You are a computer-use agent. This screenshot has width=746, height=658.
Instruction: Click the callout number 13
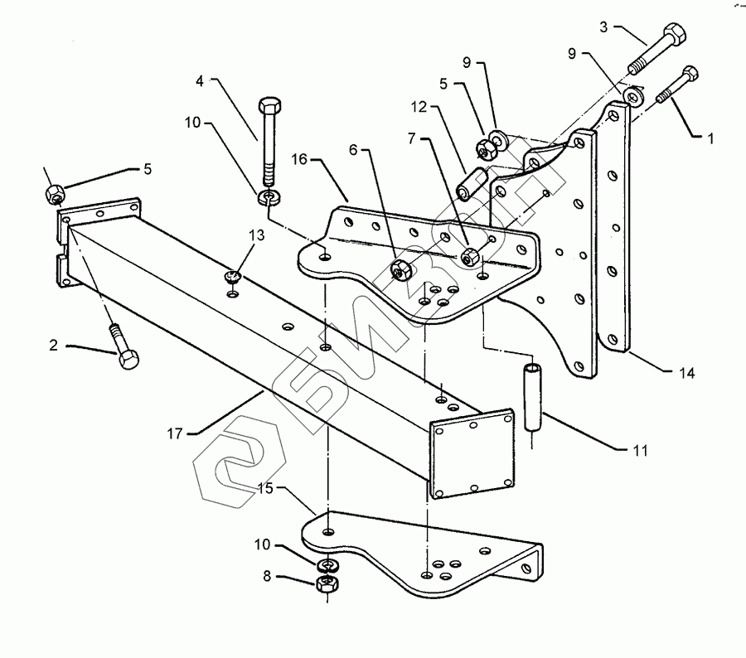pos(256,235)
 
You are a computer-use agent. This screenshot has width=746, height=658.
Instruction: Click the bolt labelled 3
pos(661,49)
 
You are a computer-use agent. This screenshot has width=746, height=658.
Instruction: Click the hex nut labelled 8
pos(326,587)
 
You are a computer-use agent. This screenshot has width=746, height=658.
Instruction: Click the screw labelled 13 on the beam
pos(234,278)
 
